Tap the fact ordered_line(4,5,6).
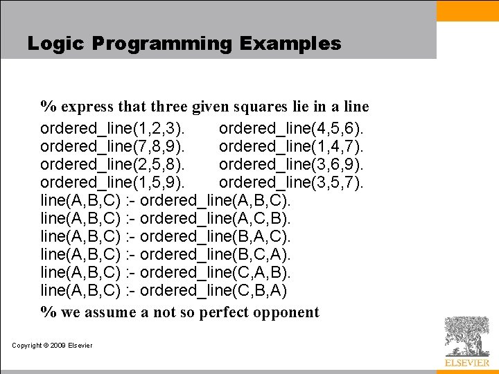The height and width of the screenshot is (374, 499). point(292,129)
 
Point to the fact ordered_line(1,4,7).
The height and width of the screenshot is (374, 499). point(292,147)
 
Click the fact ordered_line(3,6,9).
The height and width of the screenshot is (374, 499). point(292,165)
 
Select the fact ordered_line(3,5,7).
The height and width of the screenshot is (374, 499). point(292,183)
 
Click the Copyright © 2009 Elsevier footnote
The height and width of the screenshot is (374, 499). point(52,346)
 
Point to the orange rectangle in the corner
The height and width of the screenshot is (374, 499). point(468,10)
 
